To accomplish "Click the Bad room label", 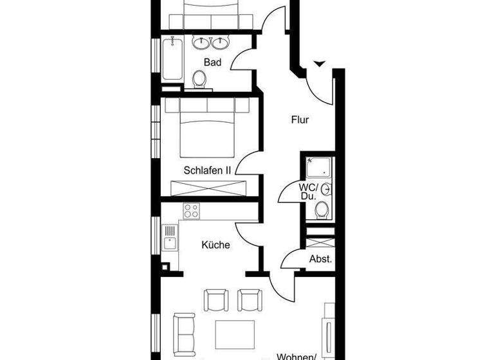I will click(x=212, y=62).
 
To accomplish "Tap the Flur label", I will click(x=300, y=120).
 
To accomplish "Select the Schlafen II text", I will click(x=207, y=170).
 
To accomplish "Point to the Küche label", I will click(x=215, y=245).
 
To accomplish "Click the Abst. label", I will click(x=321, y=259).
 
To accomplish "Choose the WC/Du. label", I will click(x=308, y=191).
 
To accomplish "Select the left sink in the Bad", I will click(x=201, y=43).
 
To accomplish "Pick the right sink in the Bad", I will click(x=221, y=43).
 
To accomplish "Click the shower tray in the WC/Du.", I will click(x=318, y=168).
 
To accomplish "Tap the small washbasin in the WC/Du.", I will click(x=327, y=190).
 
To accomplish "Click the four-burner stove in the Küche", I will click(x=192, y=211).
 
